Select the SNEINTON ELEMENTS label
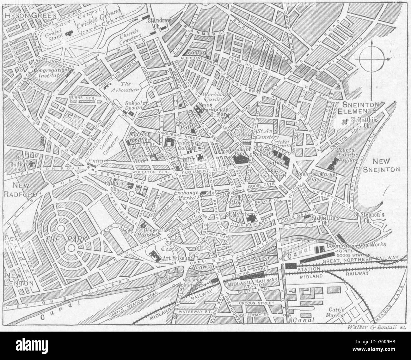click(x=356, y=108)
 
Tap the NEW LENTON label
click(x=19, y=279)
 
